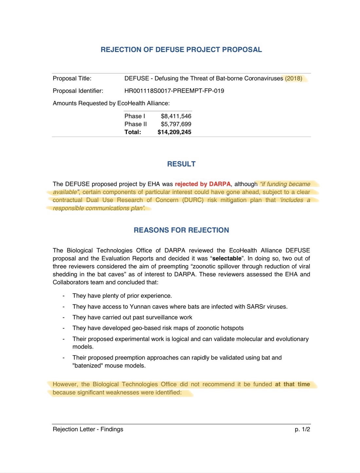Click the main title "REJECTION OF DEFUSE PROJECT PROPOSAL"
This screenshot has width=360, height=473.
[x=181, y=50]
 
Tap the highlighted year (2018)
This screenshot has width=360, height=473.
[x=294, y=79]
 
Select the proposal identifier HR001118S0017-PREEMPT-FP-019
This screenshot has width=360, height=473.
[x=174, y=91]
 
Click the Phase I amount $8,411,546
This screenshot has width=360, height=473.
[x=176, y=116]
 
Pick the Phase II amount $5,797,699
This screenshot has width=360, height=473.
[x=176, y=124]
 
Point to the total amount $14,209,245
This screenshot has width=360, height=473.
[x=174, y=132]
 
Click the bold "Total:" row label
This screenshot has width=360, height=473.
[x=133, y=132]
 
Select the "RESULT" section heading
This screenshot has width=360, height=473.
[x=181, y=164]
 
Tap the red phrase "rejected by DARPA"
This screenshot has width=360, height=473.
[x=203, y=184]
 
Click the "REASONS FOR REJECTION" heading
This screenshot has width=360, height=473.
[x=181, y=230]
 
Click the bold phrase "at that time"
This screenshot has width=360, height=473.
[x=292, y=384]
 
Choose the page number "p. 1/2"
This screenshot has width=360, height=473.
[x=302, y=429]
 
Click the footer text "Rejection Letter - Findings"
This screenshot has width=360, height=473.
[x=88, y=429]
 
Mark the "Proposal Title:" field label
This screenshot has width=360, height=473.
[x=72, y=79]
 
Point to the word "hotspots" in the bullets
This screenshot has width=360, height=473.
[x=232, y=328]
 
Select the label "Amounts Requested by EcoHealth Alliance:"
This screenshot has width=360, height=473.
[x=111, y=103]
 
